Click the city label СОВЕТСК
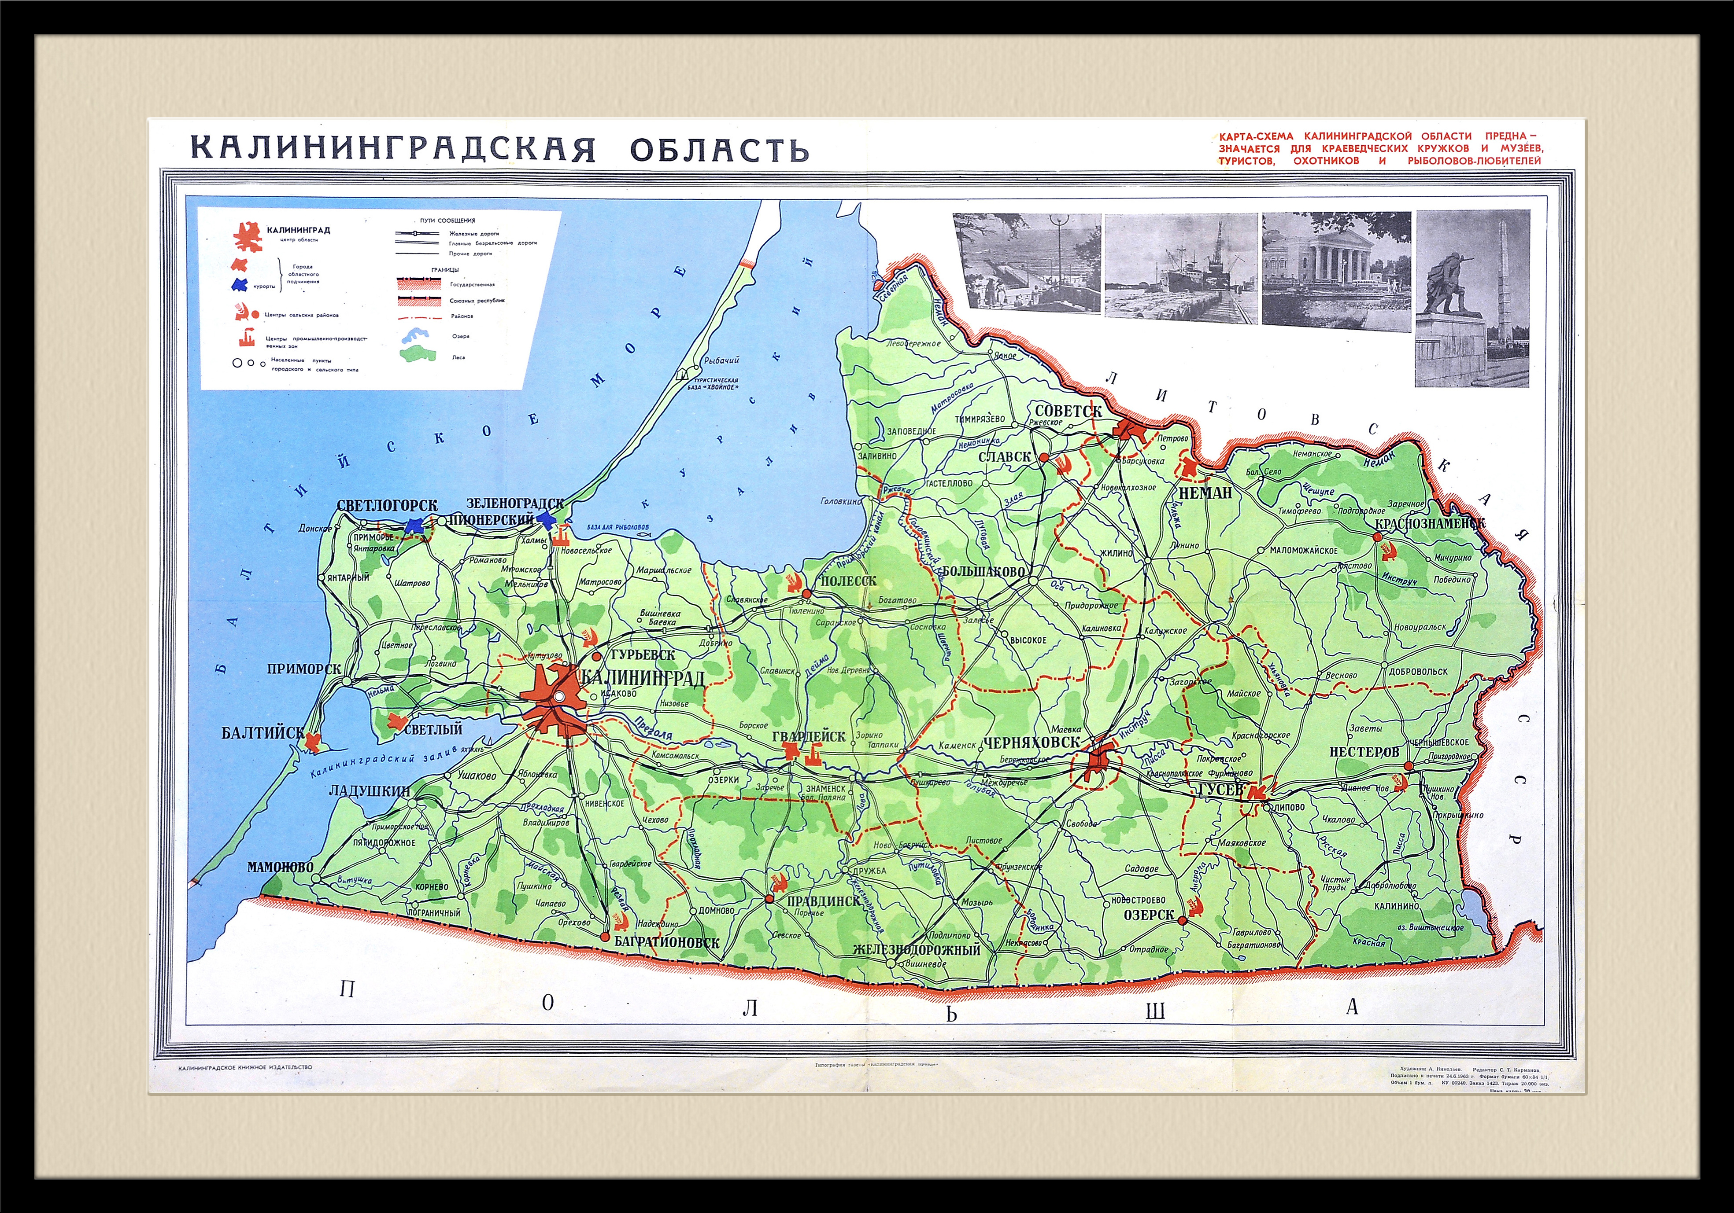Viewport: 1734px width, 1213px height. point(1068,411)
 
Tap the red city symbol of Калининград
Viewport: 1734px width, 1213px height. point(555,698)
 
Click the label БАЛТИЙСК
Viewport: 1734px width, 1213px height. point(262,733)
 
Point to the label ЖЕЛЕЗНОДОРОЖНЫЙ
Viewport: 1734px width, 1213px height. point(916,949)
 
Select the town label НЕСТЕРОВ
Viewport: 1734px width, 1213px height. point(1364,752)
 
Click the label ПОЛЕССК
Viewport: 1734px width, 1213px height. point(848,581)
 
